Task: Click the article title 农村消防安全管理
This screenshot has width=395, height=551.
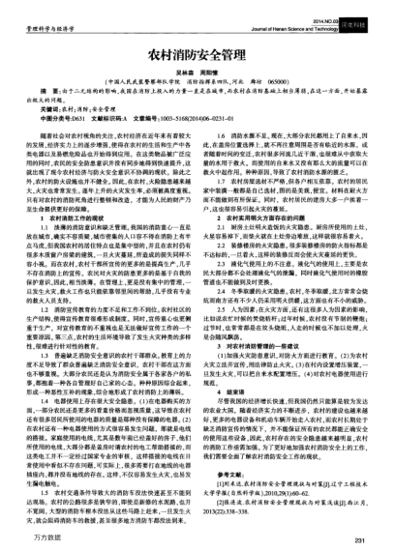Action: (197, 45)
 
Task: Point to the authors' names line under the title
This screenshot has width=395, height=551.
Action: (197, 64)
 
